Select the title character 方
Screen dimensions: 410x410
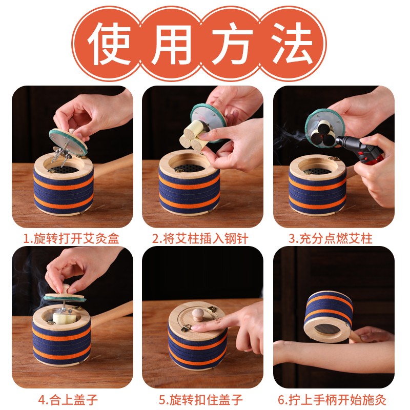coord(233,40)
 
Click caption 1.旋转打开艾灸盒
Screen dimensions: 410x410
coord(72,238)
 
